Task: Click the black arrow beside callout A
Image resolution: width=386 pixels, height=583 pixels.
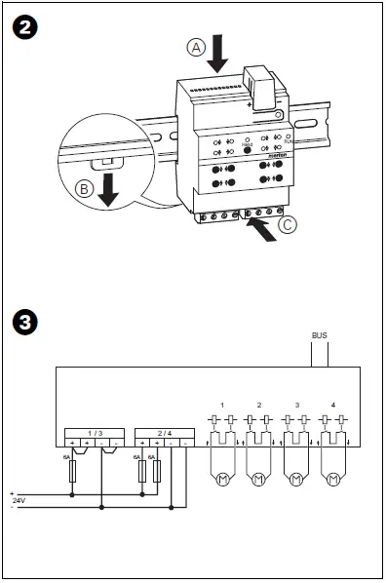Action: (217, 52)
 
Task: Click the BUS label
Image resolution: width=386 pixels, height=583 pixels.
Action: (319, 335)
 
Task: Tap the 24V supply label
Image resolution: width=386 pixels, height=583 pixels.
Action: (19, 500)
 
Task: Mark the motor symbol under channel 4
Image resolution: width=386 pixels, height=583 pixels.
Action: (334, 480)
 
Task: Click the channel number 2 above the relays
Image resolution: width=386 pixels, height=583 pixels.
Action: (259, 404)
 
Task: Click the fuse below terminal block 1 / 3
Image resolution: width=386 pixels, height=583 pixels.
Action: (73, 473)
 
